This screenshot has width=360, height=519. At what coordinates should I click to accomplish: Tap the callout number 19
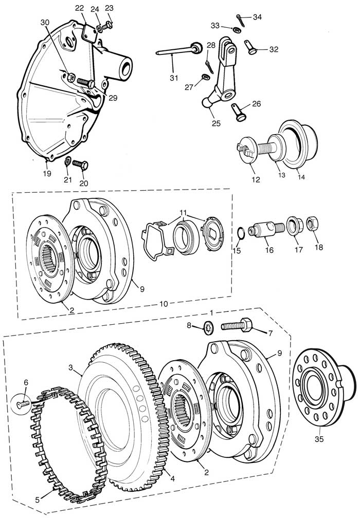(x=47, y=173)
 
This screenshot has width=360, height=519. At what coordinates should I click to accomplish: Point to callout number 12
(x=256, y=180)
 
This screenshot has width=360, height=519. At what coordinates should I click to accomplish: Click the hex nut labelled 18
(x=311, y=224)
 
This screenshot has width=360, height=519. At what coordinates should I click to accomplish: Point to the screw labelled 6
(x=22, y=405)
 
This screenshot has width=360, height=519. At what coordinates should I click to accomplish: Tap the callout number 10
(x=164, y=304)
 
